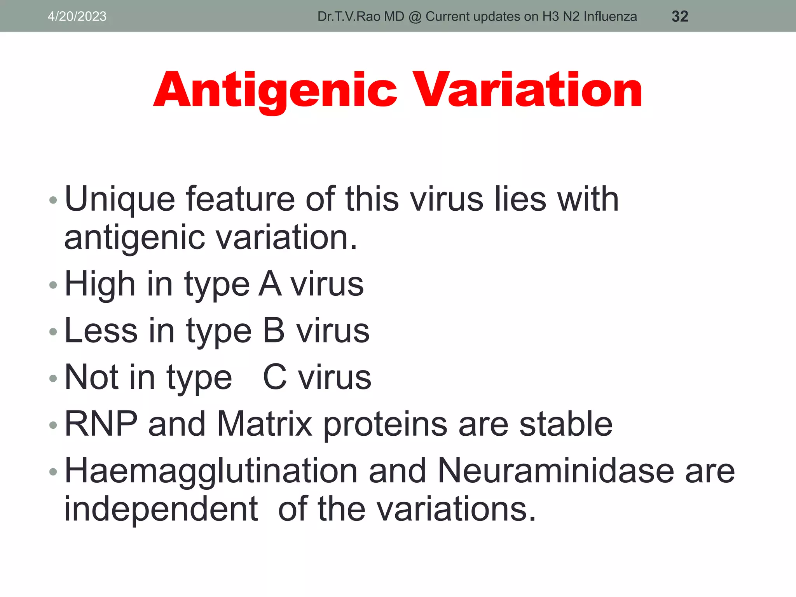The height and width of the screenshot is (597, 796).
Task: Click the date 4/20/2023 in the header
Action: [77, 16]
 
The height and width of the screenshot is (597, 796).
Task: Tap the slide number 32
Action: [680, 16]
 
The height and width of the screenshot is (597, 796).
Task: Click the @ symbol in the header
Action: [415, 17]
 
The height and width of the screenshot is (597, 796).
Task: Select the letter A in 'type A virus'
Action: [270, 284]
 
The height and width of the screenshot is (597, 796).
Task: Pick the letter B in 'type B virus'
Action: [274, 331]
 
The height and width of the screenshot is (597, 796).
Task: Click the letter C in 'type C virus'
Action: [275, 377]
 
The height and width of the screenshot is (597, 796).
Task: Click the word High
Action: [100, 284]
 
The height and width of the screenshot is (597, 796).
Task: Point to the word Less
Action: [101, 331]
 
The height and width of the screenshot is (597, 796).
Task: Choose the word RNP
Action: [101, 424]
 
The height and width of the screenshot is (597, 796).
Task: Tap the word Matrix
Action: [264, 424]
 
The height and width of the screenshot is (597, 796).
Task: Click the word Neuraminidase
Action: [556, 471]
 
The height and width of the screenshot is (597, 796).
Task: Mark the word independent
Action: [161, 509]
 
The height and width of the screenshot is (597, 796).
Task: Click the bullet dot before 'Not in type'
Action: [53, 378]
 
